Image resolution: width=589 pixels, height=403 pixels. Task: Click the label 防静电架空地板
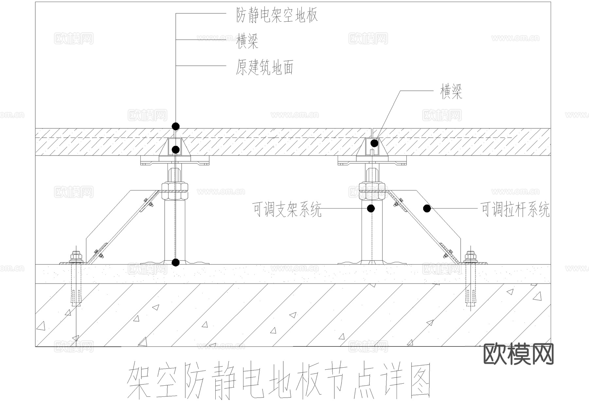tap(277, 15)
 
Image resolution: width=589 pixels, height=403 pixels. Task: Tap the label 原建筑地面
tap(264, 67)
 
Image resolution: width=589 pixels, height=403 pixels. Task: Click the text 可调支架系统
tap(287, 209)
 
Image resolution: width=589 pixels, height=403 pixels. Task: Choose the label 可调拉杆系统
tap(515, 209)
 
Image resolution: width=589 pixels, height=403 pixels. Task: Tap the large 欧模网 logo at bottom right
tap(518, 354)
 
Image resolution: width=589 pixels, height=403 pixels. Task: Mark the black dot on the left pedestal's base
tap(176, 262)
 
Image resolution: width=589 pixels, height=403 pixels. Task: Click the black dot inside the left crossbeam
tap(176, 150)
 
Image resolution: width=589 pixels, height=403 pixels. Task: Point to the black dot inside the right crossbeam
tap(374, 143)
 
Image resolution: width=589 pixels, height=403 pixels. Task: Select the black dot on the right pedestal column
tap(371, 208)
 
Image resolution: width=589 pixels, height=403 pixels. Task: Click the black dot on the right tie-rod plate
tap(427, 208)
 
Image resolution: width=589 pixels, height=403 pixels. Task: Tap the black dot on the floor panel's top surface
tap(176, 126)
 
